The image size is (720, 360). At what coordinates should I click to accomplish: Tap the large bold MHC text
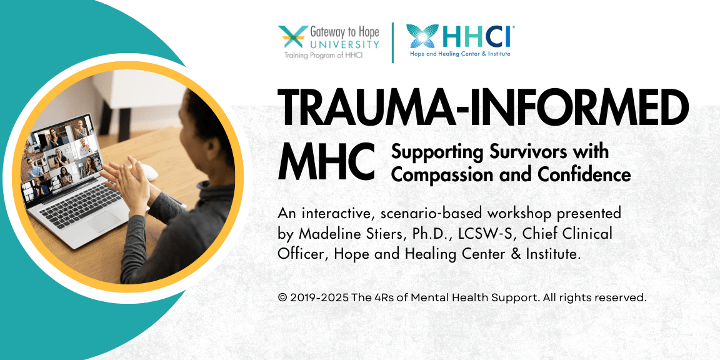pos(326,162)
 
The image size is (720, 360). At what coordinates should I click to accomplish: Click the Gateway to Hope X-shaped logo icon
pos(293,37)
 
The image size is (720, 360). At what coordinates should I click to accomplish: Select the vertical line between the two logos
pos(392,42)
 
